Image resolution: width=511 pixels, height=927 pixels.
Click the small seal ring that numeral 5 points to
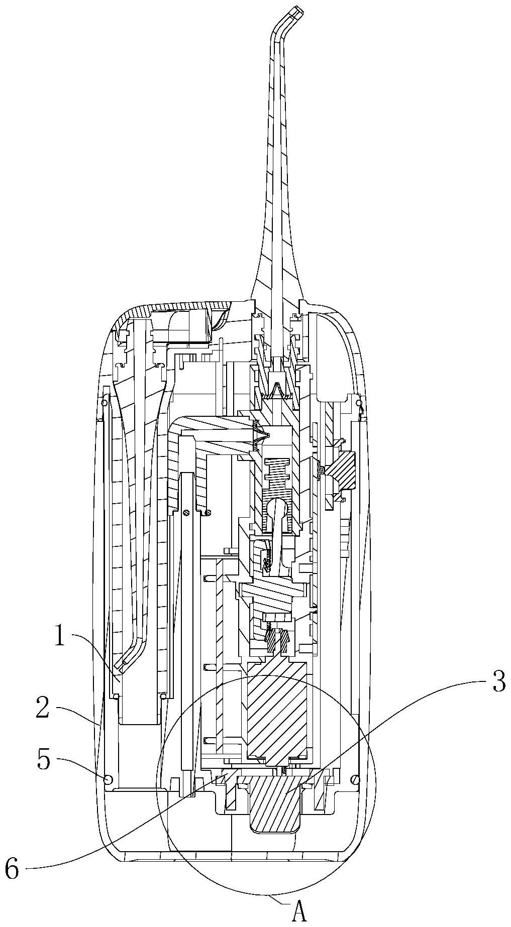107,779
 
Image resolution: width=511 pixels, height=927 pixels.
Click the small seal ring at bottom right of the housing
356,779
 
